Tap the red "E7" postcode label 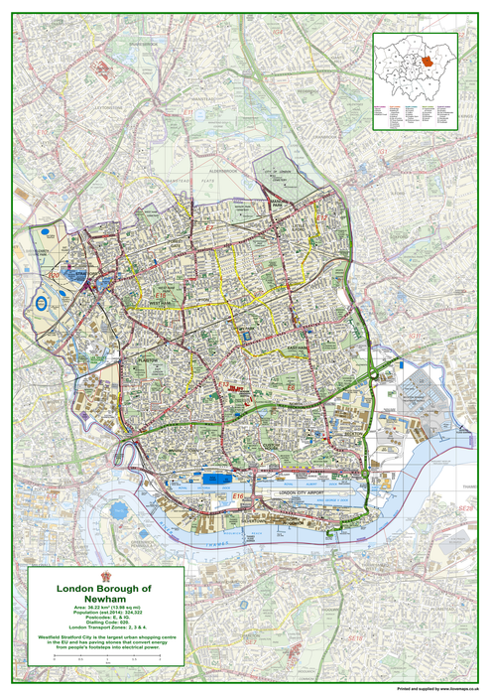(209, 229)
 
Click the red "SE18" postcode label (462, 507)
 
